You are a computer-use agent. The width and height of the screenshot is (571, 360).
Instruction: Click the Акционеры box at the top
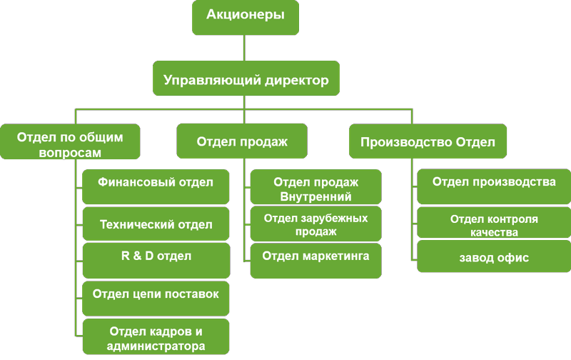tap(246, 17)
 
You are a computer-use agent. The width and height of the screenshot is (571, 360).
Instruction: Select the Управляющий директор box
tap(246, 79)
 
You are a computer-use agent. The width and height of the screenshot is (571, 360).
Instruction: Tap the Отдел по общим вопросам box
tap(70, 141)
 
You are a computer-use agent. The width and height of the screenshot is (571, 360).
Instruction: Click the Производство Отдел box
tap(428, 141)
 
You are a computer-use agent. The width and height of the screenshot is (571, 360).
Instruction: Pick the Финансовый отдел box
tap(156, 186)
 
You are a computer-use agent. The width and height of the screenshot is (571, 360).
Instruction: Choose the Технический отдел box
tap(156, 224)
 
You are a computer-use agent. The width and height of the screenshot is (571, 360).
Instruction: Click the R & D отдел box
tap(156, 261)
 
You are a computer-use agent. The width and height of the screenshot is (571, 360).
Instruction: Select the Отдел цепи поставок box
tap(156, 299)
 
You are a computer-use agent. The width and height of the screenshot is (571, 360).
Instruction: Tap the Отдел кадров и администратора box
tap(156, 336)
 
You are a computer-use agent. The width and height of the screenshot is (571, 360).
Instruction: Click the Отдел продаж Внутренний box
tap(316, 186)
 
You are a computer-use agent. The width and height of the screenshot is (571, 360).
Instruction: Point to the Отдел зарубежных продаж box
tap(316, 224)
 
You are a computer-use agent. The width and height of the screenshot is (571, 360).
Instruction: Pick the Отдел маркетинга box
tap(316, 261)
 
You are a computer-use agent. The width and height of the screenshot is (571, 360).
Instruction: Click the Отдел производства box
tap(494, 186)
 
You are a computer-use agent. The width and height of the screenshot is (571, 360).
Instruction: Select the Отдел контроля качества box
tap(494, 223)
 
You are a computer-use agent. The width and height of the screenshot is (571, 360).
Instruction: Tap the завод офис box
tap(494, 256)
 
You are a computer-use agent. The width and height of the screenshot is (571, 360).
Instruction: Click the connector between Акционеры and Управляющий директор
tap(244, 48)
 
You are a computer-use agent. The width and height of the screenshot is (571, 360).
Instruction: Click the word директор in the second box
tap(297, 80)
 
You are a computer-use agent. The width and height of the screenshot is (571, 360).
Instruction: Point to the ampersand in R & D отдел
tap(137, 256)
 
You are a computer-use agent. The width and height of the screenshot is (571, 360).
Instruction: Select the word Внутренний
tap(315, 196)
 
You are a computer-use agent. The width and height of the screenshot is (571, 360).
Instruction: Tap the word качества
tap(494, 232)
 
